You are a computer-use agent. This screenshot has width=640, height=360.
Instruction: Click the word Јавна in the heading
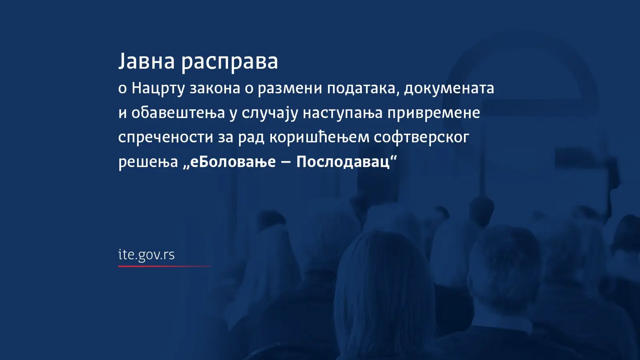[x=146, y=61]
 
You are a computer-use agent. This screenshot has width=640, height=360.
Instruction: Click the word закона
[x=215, y=89]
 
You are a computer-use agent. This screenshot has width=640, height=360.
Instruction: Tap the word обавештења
[x=178, y=113]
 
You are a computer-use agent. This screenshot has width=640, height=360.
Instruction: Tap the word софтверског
[x=422, y=138]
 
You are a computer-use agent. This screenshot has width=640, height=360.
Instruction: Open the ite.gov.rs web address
[x=146, y=255]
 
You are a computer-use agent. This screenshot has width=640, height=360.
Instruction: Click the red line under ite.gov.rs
[x=164, y=266]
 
